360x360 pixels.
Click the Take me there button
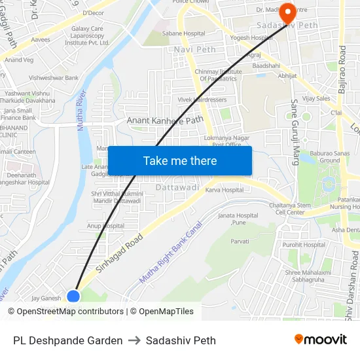click(180, 161)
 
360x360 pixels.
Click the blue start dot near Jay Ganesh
click(73, 297)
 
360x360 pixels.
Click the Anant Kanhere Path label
click(165, 120)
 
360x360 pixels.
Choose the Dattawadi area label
click(177, 187)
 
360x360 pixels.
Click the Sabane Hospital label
click(184, 33)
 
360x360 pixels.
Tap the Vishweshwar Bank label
click(54, 78)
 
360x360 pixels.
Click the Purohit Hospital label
click(305, 245)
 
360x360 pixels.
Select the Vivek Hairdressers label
click(202, 99)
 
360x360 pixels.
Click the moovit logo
click(321, 339)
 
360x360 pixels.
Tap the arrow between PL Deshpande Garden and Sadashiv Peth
click(134, 340)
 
